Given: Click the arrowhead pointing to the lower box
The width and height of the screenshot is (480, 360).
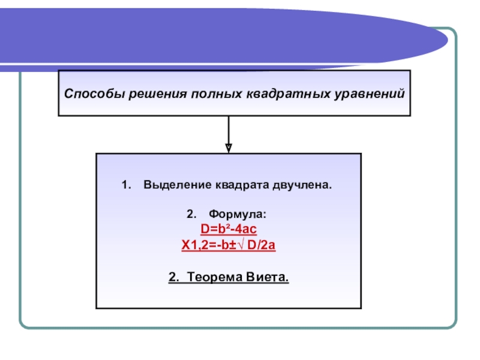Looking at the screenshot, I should tap(229, 146).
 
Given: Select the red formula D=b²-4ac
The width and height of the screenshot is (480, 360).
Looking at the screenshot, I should tap(229, 230).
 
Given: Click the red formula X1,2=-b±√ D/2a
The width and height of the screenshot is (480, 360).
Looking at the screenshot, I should tap(229, 245).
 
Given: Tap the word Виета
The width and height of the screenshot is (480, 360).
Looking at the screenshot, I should tap(268, 277).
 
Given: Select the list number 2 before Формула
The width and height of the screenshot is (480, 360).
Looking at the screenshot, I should tap(190, 215).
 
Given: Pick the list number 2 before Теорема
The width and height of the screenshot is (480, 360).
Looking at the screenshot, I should tap(172, 277).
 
